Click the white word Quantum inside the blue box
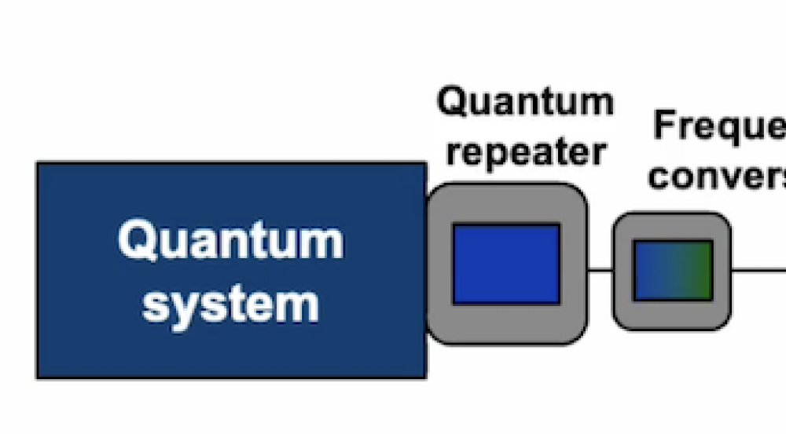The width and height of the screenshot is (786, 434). click(x=230, y=240)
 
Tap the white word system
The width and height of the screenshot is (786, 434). click(x=230, y=304)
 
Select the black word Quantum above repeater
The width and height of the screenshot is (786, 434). click(x=525, y=103)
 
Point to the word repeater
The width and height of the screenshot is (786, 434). click(x=525, y=151)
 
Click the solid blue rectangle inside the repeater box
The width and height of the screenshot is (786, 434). click(x=506, y=264)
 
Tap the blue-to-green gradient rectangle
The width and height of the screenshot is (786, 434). click(x=673, y=270)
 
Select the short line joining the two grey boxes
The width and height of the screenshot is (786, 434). click(x=601, y=270)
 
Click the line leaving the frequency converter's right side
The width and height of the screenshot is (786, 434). click(x=758, y=270)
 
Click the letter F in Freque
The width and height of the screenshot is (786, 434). click(x=665, y=126)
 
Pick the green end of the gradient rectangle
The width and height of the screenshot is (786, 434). click(x=703, y=270)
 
